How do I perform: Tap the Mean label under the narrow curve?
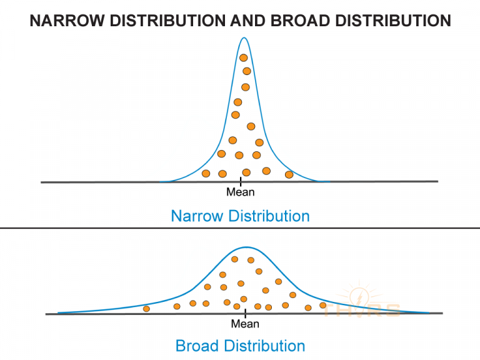point(241,192)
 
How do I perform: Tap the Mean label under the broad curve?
point(245,324)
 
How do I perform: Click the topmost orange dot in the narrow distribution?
point(244,57)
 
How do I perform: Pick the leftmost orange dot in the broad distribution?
point(146,309)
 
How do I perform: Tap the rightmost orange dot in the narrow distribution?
point(289,174)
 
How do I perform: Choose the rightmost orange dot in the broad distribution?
point(323,305)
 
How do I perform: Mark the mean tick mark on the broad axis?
point(246,312)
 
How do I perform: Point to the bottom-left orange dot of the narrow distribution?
point(206,173)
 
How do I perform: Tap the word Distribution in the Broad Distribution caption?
point(265,346)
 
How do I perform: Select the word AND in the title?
point(251,21)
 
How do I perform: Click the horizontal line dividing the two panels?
point(240,228)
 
